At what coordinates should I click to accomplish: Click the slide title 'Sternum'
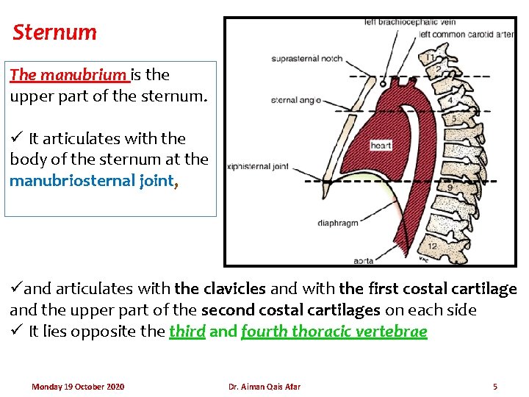[x=55, y=32]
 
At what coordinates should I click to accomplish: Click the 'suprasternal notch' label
[x=306, y=59]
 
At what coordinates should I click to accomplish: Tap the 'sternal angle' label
[x=295, y=100]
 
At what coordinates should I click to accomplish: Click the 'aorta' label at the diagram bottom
[x=362, y=260]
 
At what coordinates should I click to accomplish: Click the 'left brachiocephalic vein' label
[x=410, y=22]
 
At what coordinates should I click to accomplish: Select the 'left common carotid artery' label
[x=465, y=34]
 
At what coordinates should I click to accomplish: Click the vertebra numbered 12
[x=433, y=246]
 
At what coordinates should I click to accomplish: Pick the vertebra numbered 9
[x=450, y=188]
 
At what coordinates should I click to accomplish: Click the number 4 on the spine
[x=449, y=100]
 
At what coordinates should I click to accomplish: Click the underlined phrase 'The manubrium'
[x=68, y=74]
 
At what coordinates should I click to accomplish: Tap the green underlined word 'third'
[x=187, y=331]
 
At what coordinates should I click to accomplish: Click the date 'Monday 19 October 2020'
[x=78, y=387]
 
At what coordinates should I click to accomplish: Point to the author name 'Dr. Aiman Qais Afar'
[x=264, y=387]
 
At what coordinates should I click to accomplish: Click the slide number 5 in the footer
[x=495, y=387]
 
